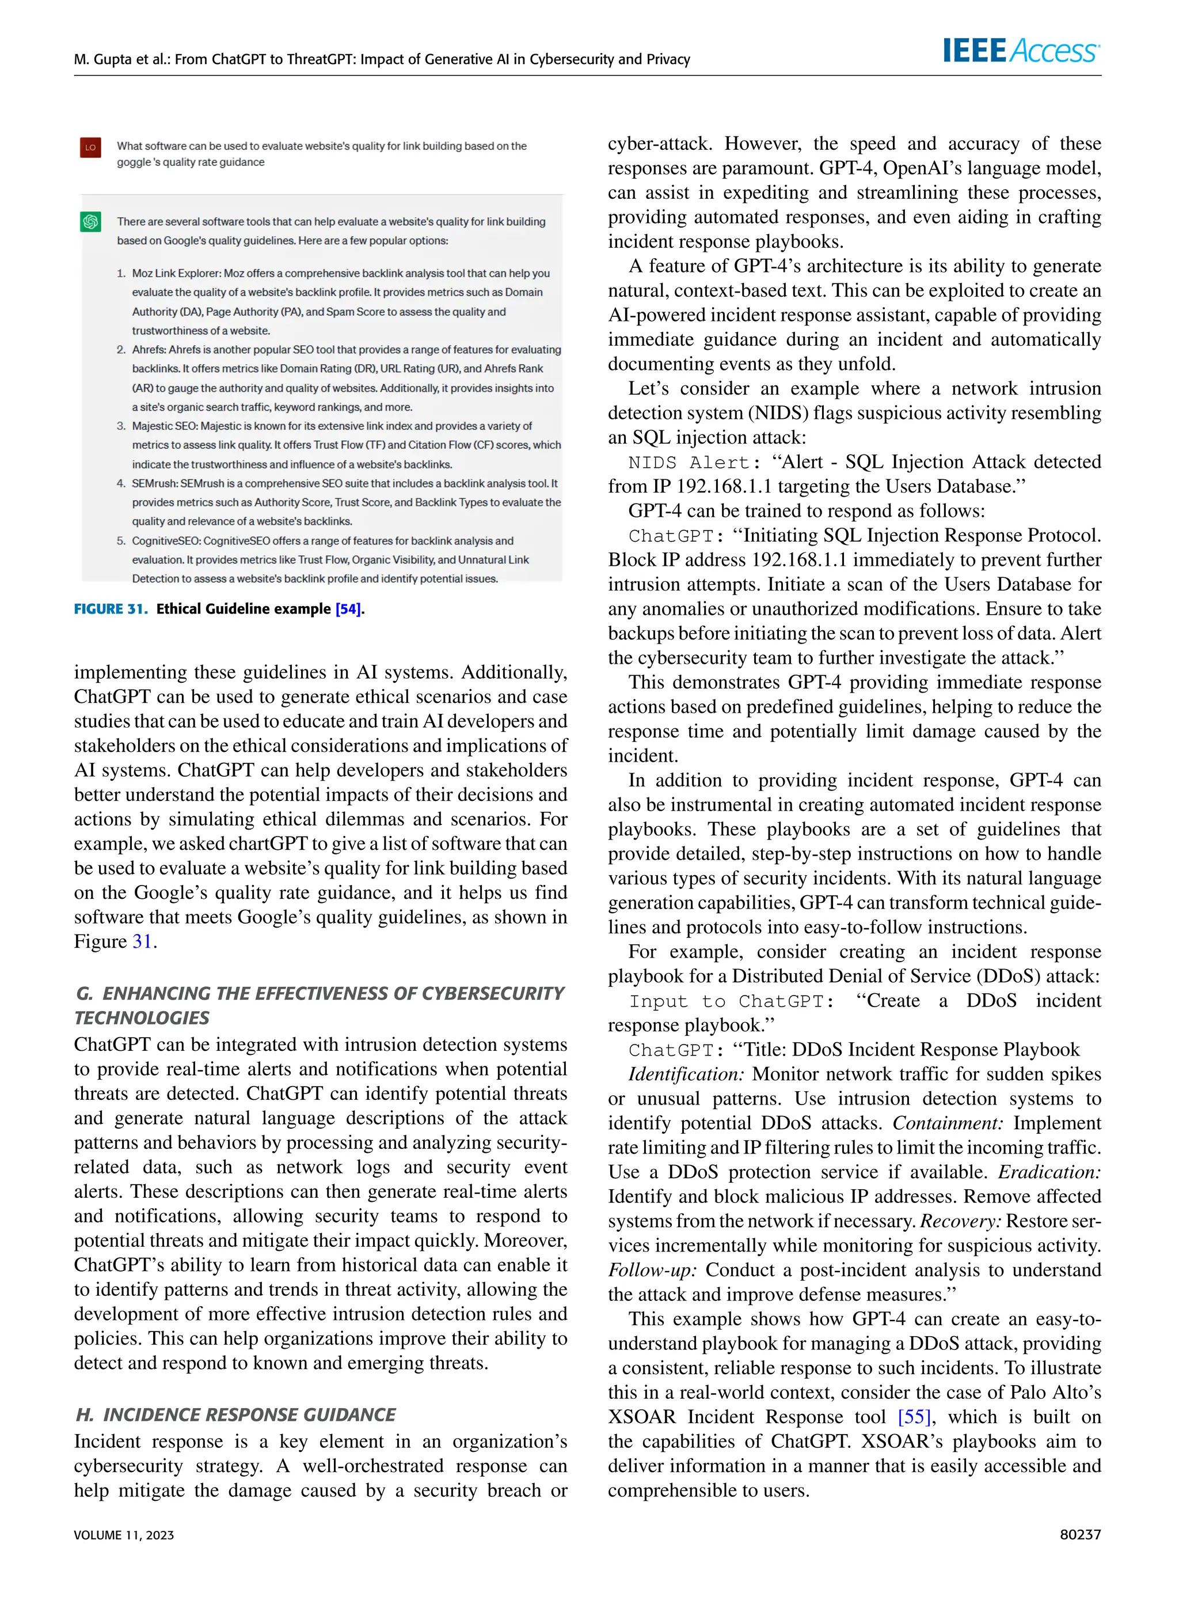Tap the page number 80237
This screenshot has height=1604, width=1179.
pyautogui.click(x=1080, y=1535)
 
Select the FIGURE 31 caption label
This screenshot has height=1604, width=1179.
pyautogui.click(x=111, y=608)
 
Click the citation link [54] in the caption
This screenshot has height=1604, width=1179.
pyautogui.click(x=348, y=608)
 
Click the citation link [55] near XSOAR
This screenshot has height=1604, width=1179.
pyautogui.click(x=914, y=1416)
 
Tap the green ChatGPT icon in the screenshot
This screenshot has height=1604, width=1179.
pyautogui.click(x=90, y=222)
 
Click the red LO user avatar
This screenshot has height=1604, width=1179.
pyautogui.click(x=90, y=147)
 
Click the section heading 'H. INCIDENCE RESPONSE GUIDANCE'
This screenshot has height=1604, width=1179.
pyautogui.click(x=235, y=1414)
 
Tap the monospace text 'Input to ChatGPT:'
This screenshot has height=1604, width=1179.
pyautogui.click(x=731, y=1001)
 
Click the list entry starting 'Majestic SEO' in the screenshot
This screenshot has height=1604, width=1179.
pyautogui.click(x=165, y=426)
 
